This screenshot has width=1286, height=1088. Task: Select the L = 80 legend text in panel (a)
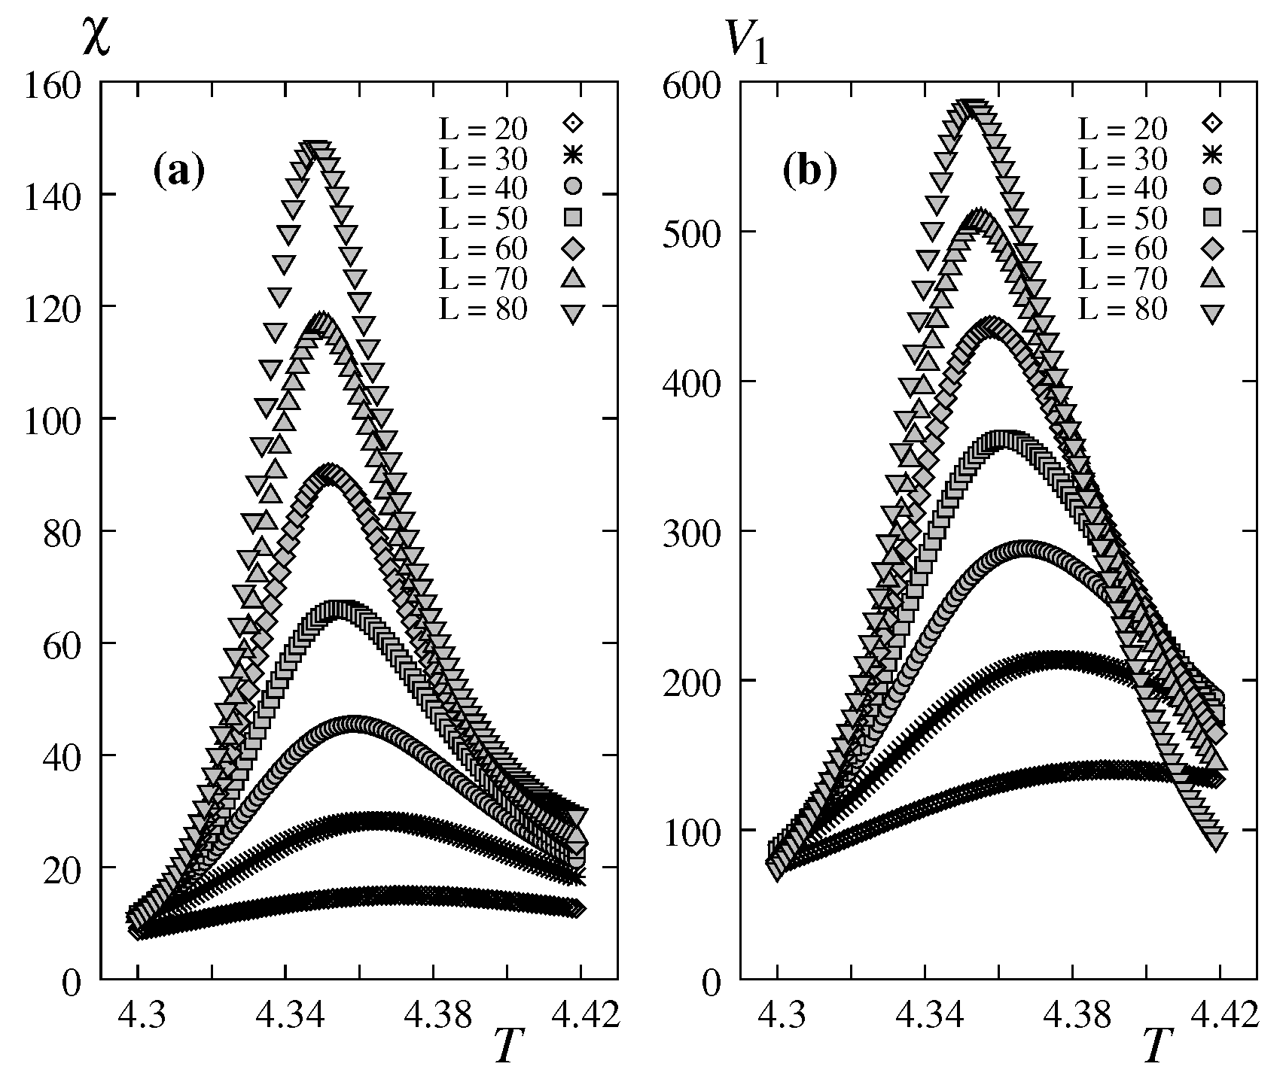tap(483, 310)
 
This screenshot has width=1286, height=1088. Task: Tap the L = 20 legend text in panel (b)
tap(1123, 129)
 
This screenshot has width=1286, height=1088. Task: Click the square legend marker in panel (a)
tap(574, 217)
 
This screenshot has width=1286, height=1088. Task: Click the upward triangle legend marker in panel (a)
tap(574, 278)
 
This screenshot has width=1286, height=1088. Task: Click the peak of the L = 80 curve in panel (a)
tap(318, 150)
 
